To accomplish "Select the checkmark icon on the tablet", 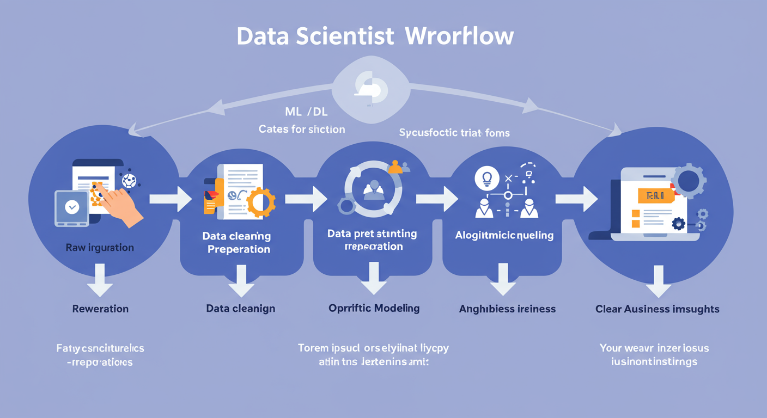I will [71, 207].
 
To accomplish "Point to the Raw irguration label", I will [100, 248].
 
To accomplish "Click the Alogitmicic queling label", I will [504, 236].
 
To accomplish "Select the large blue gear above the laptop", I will [688, 181].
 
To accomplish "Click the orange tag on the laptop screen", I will [655, 195].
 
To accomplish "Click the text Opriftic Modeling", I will [374, 308].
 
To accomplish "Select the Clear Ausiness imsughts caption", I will [657, 309].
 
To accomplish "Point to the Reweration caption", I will [100, 309].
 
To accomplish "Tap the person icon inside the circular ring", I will [374, 188].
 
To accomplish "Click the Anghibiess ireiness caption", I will [507, 309].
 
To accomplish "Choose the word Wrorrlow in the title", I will [459, 36].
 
